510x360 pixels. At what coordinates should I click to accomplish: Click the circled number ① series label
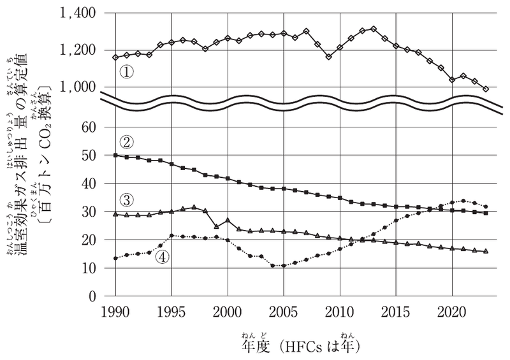pos(126,72)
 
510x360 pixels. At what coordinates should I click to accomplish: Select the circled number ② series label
pos(126,142)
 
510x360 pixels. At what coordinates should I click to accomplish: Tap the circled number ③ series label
pos(126,200)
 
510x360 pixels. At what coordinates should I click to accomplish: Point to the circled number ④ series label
pos(163,257)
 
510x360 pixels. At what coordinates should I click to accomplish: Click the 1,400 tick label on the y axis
pos(77,14)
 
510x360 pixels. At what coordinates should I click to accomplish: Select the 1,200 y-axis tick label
pos(77,50)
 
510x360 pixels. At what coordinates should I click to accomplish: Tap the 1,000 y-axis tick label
pos(77,87)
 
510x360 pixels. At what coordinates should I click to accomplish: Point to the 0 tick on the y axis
pos(92,296)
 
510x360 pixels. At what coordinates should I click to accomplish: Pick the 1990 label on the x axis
pos(115,312)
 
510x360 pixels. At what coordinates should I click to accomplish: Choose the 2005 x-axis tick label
pos(283,312)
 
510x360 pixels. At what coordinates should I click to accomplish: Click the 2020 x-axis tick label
pos(451,312)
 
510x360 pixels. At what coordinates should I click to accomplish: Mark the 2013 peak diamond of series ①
pos(374,29)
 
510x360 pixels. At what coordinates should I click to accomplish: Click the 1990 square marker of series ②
pos(115,155)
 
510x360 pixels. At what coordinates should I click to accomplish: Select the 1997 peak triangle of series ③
pos(194,207)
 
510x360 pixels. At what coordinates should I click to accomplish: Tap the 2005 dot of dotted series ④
pos(284,265)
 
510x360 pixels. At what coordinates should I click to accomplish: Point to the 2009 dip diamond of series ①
pos(328,57)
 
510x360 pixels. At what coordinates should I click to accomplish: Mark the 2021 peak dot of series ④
pos(463,201)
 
